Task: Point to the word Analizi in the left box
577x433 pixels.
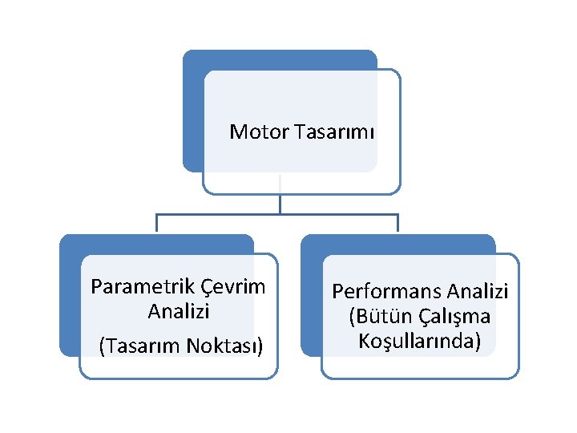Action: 178,310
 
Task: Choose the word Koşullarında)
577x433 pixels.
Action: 419,341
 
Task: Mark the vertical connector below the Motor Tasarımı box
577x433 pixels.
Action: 280,204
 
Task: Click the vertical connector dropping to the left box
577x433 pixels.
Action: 156,224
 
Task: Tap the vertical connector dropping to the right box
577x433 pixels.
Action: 397,224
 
